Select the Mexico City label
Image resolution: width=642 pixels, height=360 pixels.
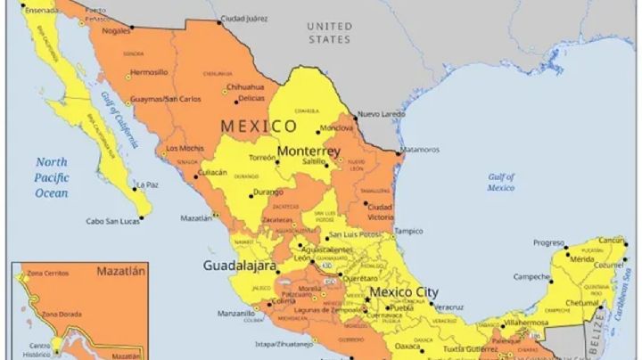(x=403, y=291)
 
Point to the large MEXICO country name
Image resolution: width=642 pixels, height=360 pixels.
(x=259, y=126)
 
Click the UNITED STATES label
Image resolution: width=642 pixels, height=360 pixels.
(x=329, y=33)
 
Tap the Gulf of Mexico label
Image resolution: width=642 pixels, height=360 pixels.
(x=501, y=182)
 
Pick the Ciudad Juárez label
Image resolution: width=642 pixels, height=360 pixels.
(x=243, y=18)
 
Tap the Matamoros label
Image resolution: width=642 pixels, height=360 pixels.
(x=419, y=150)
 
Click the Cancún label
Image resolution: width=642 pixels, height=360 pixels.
(x=611, y=241)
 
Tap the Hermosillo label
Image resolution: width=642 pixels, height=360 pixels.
(x=149, y=72)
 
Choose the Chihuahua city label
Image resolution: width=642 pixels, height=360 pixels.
(x=245, y=87)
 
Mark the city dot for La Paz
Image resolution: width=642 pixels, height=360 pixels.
(x=134, y=185)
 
